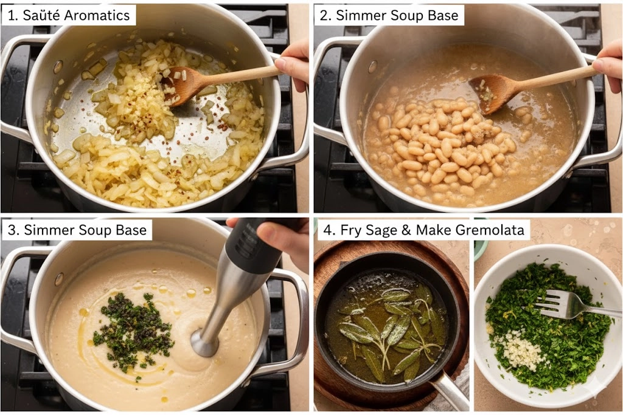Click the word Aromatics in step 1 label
[97, 15]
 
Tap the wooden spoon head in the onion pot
[183, 85]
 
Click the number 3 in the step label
[12, 230]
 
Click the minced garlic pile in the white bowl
[516, 349]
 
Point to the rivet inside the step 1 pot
[58, 67]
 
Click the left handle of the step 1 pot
[15, 89]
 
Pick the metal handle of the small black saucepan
[450, 393]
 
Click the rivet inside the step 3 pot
[59, 279]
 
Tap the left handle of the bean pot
[330, 89]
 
